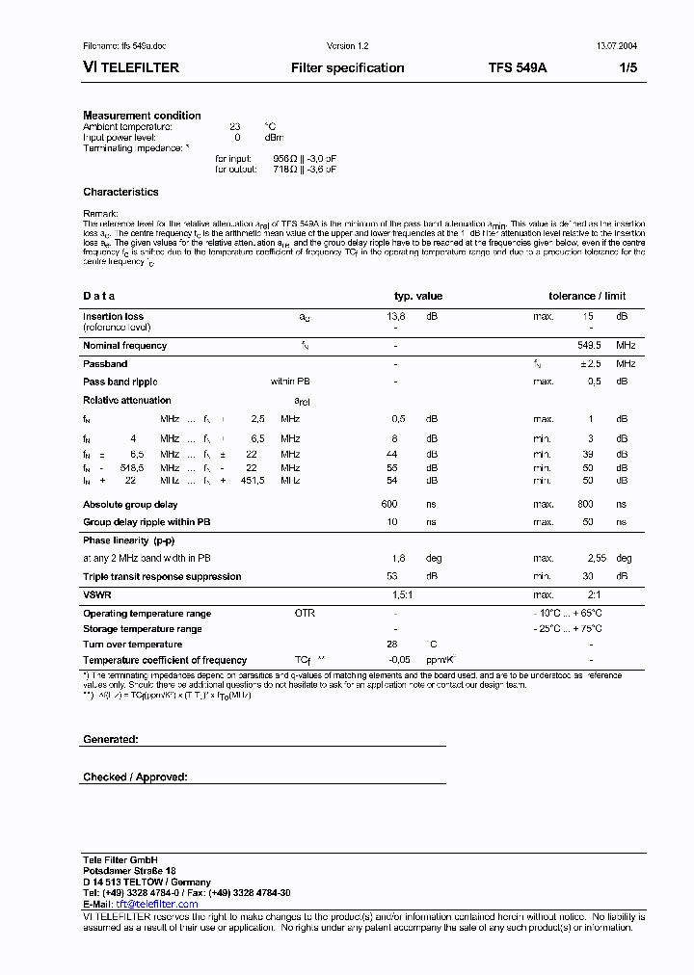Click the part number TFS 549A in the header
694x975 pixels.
point(518,68)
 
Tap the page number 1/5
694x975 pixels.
point(627,68)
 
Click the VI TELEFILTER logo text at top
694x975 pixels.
point(131,68)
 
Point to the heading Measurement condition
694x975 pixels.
point(142,116)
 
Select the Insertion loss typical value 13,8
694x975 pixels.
point(396,316)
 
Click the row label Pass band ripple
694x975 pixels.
point(126,382)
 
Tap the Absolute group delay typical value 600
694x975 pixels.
point(389,504)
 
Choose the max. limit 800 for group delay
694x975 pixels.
point(585,504)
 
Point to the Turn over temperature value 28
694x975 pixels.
point(392,645)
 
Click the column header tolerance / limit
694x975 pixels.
point(587,296)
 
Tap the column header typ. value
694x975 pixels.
point(418,296)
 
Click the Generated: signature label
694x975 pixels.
point(110,739)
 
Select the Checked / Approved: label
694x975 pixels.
point(135,777)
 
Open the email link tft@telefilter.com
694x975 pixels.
point(157,905)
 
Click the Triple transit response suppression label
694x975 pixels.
point(162,576)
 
